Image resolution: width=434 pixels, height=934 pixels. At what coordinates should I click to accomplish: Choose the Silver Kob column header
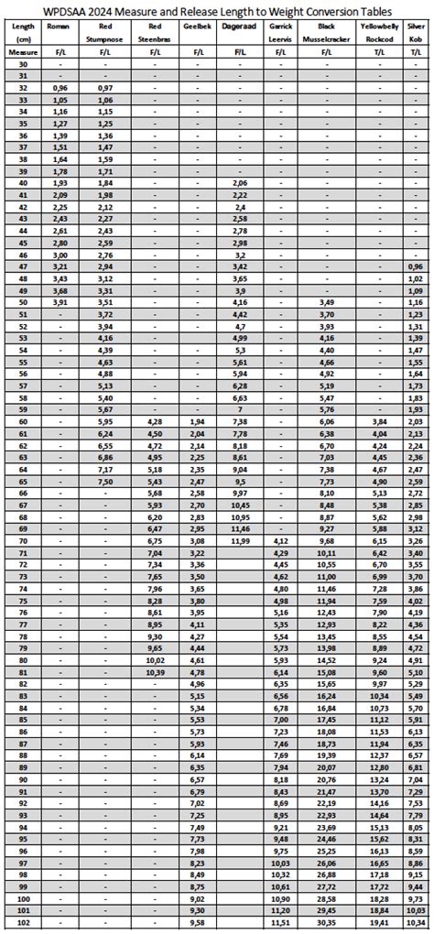tap(417, 34)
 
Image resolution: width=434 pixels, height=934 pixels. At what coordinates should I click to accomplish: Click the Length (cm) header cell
tap(23, 34)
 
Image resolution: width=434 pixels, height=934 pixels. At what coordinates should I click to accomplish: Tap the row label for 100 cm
tap(23, 899)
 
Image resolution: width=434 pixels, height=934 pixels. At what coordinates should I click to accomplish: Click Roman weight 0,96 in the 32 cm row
tap(61, 88)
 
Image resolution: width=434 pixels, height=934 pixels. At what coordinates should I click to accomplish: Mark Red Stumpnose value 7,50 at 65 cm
tap(105, 482)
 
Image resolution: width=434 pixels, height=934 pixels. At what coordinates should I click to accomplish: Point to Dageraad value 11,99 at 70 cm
tap(240, 541)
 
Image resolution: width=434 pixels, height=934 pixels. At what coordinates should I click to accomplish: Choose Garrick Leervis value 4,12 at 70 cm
tap(280, 541)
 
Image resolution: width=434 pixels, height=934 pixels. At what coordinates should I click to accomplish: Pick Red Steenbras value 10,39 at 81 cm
tap(155, 672)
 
